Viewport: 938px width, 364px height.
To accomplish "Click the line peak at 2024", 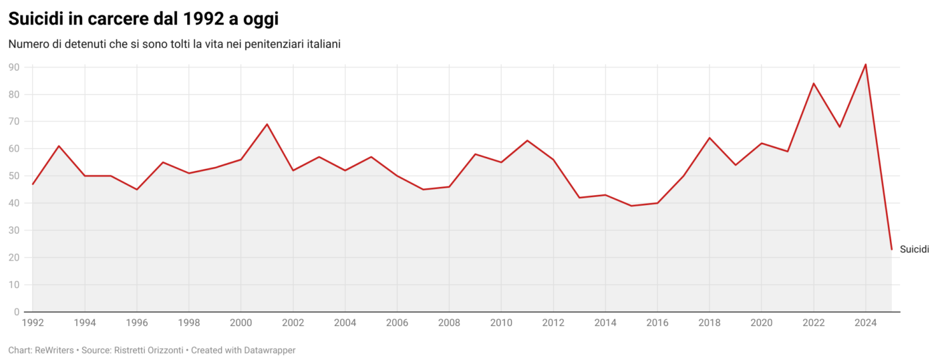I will point(866,65).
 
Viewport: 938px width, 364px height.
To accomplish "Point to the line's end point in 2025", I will point(891,249).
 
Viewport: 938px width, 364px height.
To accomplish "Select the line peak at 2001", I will point(267,124).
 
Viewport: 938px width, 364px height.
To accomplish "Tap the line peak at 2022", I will point(814,83).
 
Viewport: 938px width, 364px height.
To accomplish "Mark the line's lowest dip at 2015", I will point(631,206).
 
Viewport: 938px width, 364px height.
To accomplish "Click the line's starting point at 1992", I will point(32,184).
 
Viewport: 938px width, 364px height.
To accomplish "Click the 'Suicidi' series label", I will point(914,250).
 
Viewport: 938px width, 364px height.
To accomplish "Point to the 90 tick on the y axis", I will point(13,67).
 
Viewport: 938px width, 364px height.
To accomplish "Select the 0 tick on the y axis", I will point(16,312).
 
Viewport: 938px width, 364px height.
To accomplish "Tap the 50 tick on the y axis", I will point(13,176).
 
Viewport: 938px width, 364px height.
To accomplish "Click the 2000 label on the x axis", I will point(241,323).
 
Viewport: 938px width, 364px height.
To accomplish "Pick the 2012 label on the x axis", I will point(553,323).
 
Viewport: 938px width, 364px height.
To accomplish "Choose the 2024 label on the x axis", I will point(866,323).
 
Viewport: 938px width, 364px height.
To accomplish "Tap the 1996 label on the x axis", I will point(136,323).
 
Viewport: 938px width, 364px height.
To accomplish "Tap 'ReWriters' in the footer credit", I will point(53,350).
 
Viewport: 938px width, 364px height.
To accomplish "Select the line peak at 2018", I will point(710,138).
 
